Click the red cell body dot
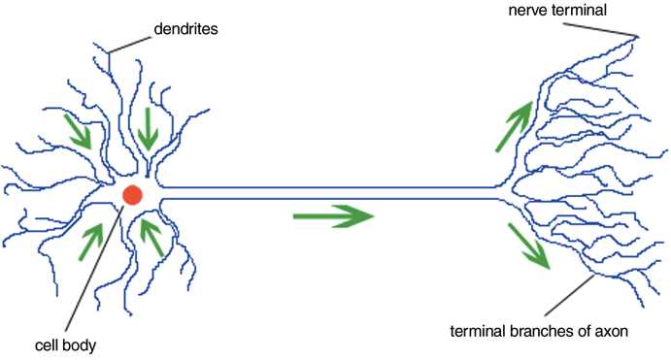point(133,195)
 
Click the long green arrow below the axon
point(333,215)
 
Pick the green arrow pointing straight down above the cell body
point(149,129)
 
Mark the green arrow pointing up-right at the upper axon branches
point(515,126)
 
